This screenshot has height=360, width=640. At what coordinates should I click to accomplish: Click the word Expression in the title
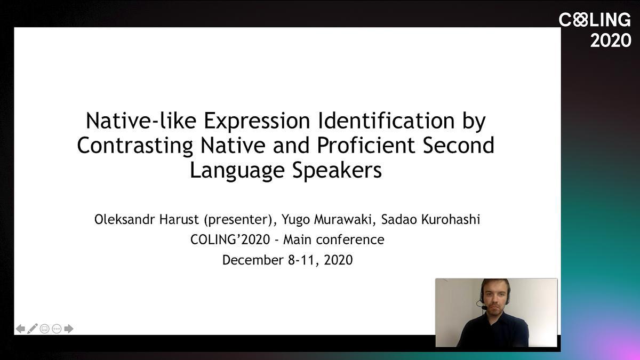coord(257,122)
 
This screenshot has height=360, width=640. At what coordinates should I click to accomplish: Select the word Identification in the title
coord(386,121)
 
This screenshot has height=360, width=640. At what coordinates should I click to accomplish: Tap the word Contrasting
coord(135,146)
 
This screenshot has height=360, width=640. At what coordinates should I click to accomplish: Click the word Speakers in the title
coord(337,171)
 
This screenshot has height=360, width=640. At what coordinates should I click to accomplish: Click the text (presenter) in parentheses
coord(238,220)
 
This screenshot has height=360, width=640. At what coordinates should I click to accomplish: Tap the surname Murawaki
coord(342,219)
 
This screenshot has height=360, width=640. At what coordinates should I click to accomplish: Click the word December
coord(253,260)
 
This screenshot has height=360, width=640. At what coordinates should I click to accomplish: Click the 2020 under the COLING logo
coord(611,41)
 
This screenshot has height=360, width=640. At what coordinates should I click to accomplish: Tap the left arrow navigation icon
coord(20,329)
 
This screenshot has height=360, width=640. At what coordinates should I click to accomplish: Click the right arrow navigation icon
coord(69,329)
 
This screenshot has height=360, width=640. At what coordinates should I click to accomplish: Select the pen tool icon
coord(33,329)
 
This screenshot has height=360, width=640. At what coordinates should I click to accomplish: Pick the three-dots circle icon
coord(57,329)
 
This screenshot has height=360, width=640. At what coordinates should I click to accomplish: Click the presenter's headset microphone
coord(484,308)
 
